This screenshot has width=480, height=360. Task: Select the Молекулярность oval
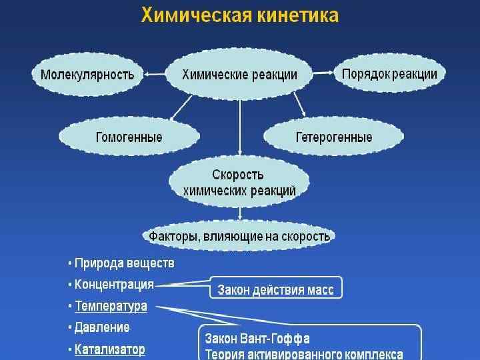[87, 74]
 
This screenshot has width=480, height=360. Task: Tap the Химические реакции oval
[239, 75]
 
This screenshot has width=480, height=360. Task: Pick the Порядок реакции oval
[389, 74]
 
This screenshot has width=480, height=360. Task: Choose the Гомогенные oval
[129, 137]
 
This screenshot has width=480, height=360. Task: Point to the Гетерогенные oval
[333, 137]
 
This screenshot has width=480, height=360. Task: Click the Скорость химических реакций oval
[239, 183]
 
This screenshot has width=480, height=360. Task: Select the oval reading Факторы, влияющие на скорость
[239, 236]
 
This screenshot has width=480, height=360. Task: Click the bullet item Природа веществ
[124, 263]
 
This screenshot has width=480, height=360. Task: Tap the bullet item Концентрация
[114, 285]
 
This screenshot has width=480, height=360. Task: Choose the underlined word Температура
[111, 306]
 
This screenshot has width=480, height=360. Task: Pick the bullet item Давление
[102, 327]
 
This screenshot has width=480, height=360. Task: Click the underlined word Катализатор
[109, 349]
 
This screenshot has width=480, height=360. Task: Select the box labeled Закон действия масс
[276, 289]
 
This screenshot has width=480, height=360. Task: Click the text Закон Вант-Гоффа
[257, 339]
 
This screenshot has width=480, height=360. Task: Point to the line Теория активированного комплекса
[303, 353]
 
